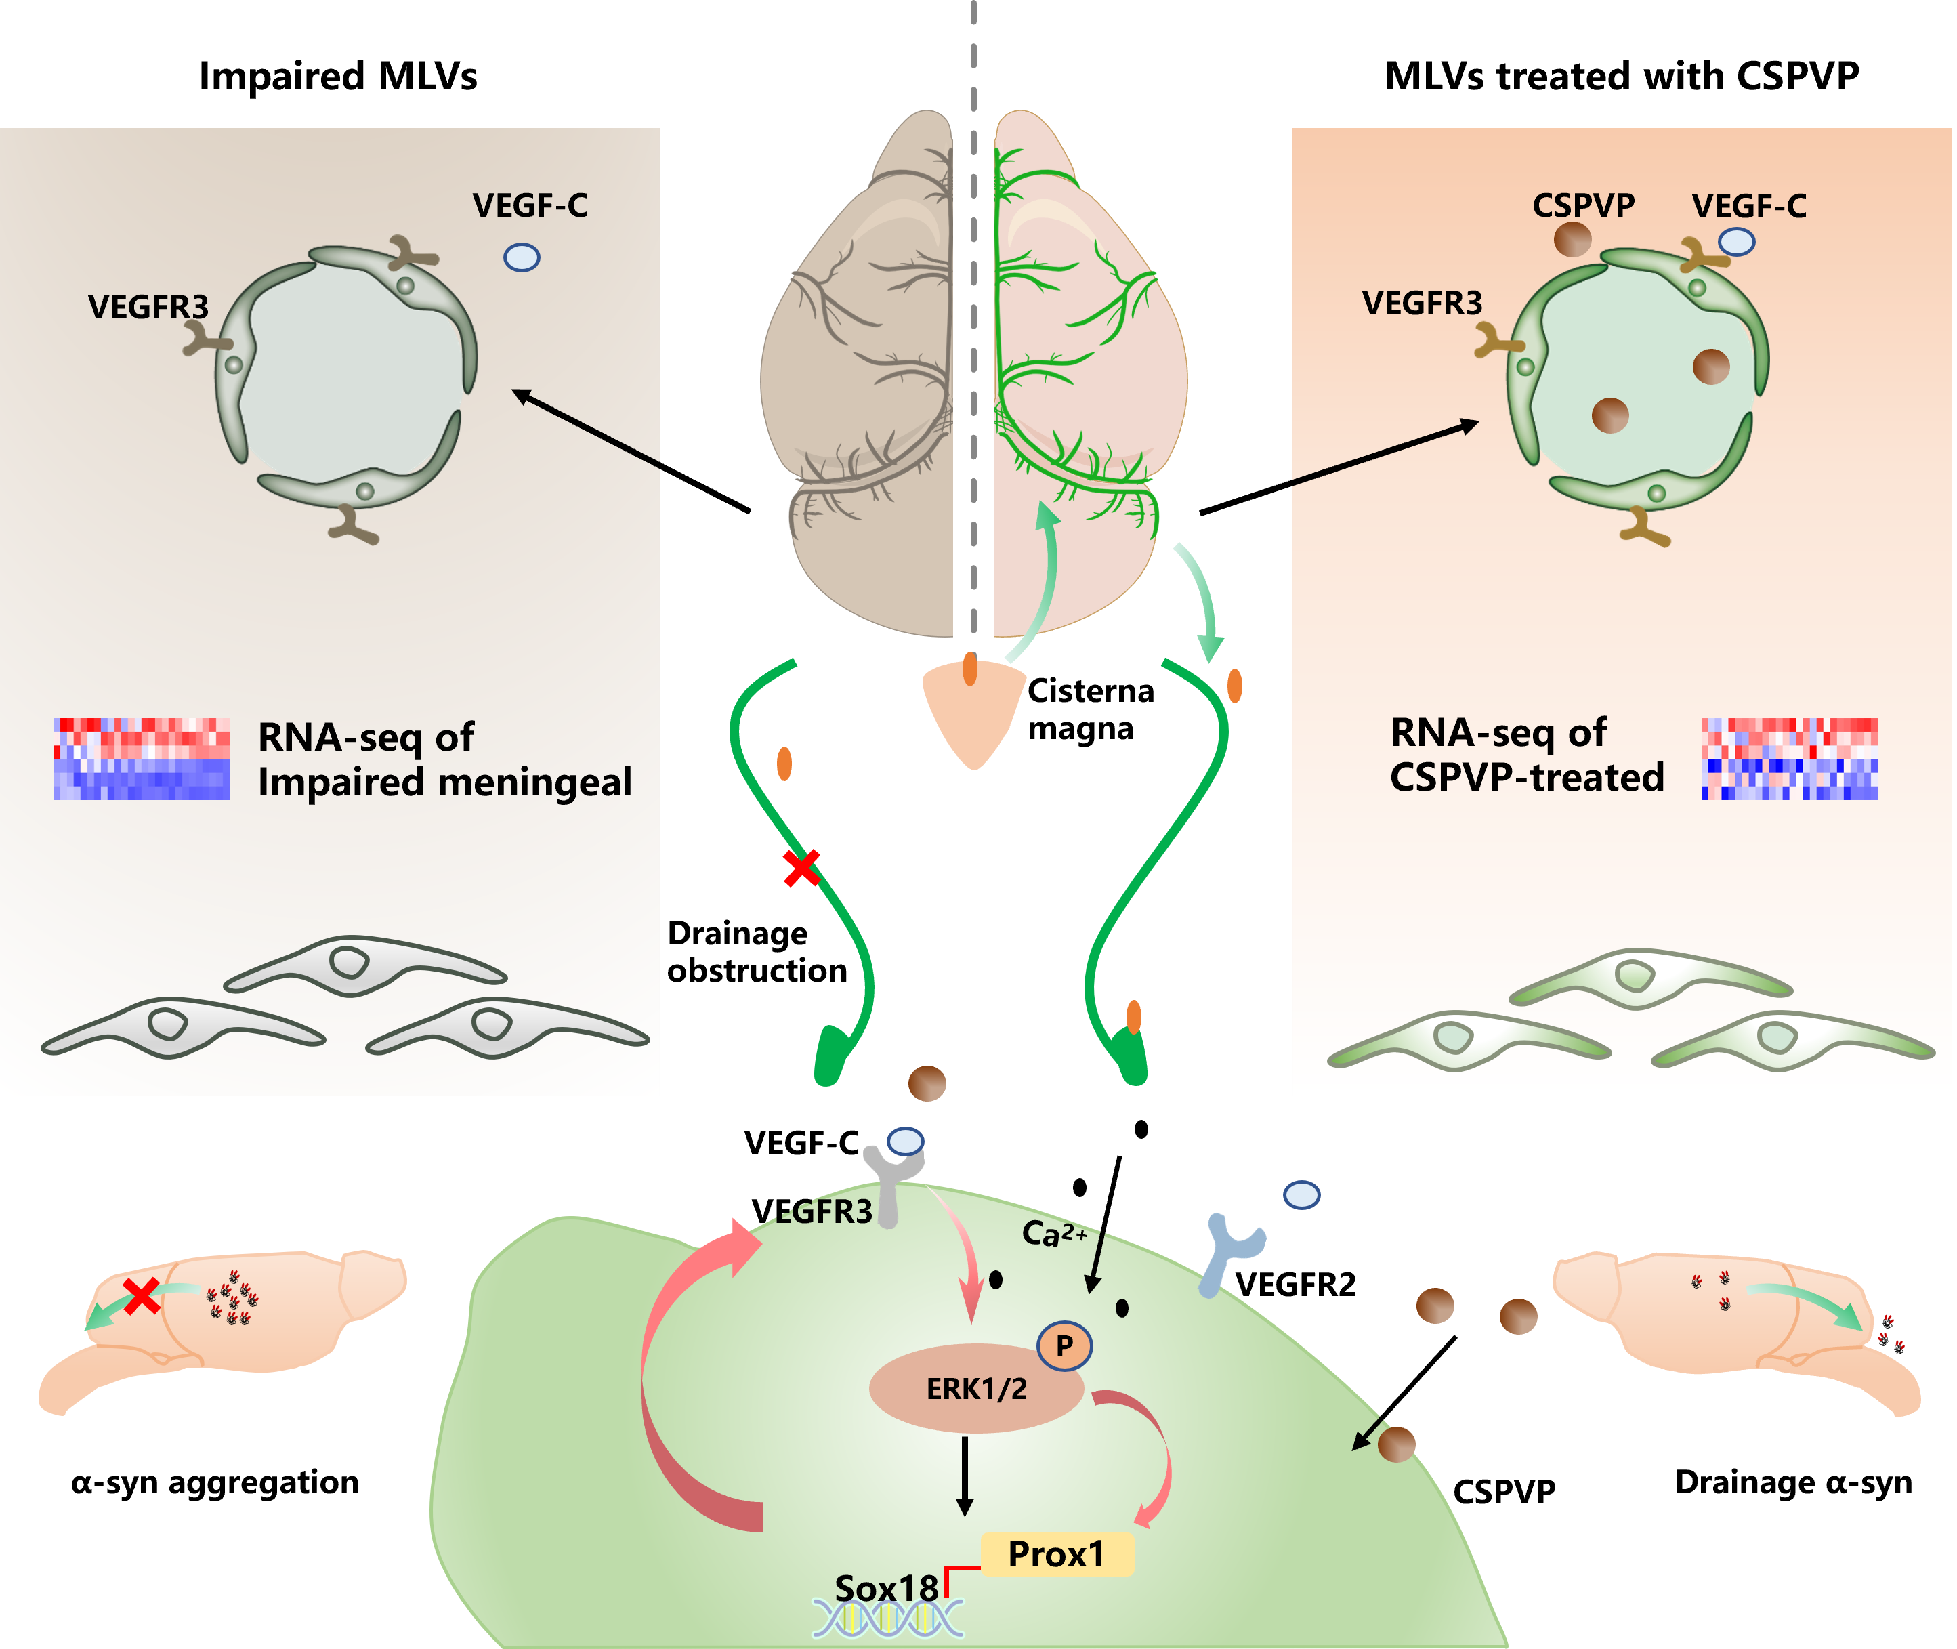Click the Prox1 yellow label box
(x=1057, y=1555)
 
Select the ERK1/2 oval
(x=975, y=1389)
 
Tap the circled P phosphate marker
(x=1064, y=1346)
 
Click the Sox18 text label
(x=886, y=1587)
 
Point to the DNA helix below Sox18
(x=888, y=1619)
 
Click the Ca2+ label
(x=1053, y=1234)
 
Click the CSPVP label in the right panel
(x=1583, y=205)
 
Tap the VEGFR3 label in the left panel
(x=148, y=307)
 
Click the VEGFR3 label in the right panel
(x=1421, y=303)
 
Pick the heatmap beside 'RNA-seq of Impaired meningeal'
(x=141, y=759)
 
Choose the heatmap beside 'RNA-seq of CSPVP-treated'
(x=1789, y=759)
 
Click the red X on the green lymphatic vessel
(x=801, y=867)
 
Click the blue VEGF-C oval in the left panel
(x=522, y=257)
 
